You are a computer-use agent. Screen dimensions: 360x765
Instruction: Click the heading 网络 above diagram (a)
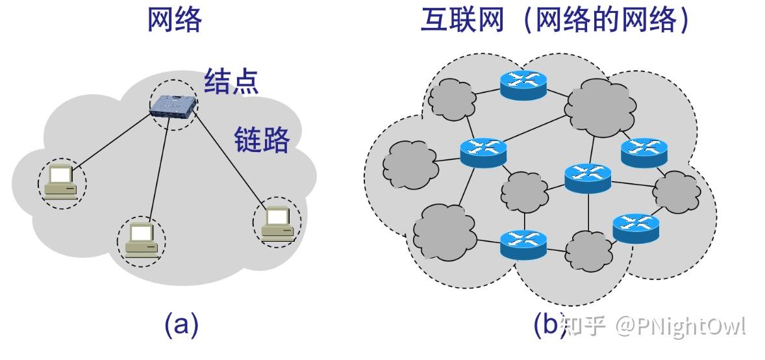[175, 21]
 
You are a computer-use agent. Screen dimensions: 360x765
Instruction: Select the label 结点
[232, 82]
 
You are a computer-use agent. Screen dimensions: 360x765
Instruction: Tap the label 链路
[261, 138]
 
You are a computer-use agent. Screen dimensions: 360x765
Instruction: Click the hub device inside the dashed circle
[173, 105]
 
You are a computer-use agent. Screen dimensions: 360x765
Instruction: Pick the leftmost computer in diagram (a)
[60, 183]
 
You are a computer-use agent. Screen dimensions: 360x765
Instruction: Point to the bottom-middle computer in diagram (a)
[141, 240]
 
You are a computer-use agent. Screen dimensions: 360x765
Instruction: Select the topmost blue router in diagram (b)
[523, 83]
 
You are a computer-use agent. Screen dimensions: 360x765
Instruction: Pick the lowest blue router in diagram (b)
[523, 244]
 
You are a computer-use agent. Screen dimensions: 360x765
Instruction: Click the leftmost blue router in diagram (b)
[483, 152]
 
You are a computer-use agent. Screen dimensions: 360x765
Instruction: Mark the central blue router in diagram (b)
[588, 177]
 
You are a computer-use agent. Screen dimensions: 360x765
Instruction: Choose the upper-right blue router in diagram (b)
[644, 152]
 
